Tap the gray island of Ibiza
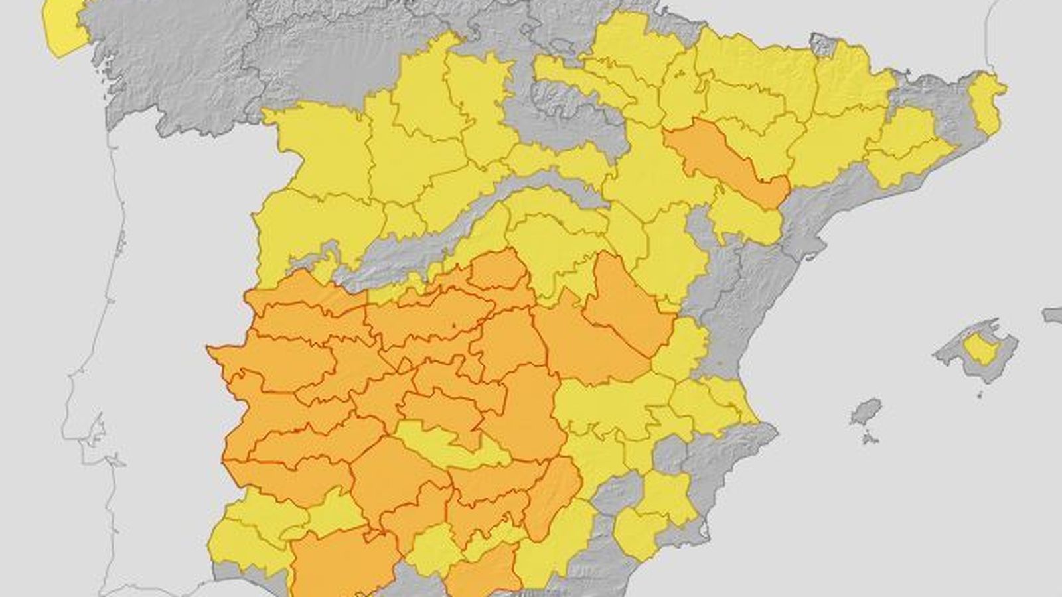[x=866, y=411]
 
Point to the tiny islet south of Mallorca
[x=980, y=395]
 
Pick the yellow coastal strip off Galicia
[x=63, y=27]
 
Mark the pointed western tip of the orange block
[x=209, y=348]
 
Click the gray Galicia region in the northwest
[x=173, y=66]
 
